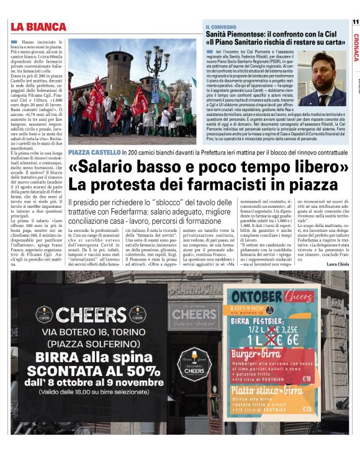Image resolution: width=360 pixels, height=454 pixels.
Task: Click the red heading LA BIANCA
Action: tap(38, 27)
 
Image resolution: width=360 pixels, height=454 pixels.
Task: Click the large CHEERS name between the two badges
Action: tap(91, 314)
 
